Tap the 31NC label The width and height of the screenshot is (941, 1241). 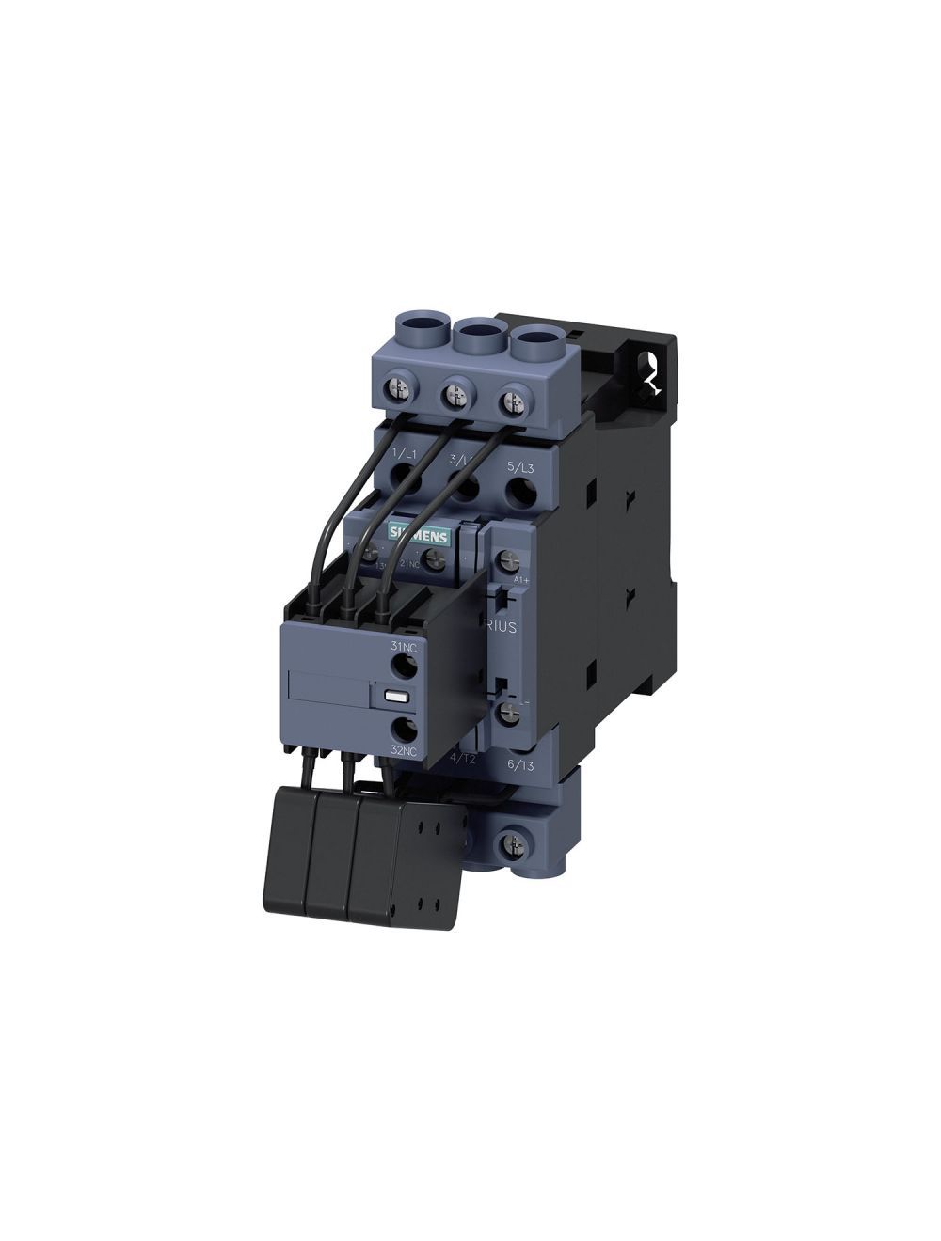(x=403, y=646)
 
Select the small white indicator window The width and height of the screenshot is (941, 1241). (x=393, y=698)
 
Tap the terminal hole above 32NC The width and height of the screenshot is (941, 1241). (x=405, y=729)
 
